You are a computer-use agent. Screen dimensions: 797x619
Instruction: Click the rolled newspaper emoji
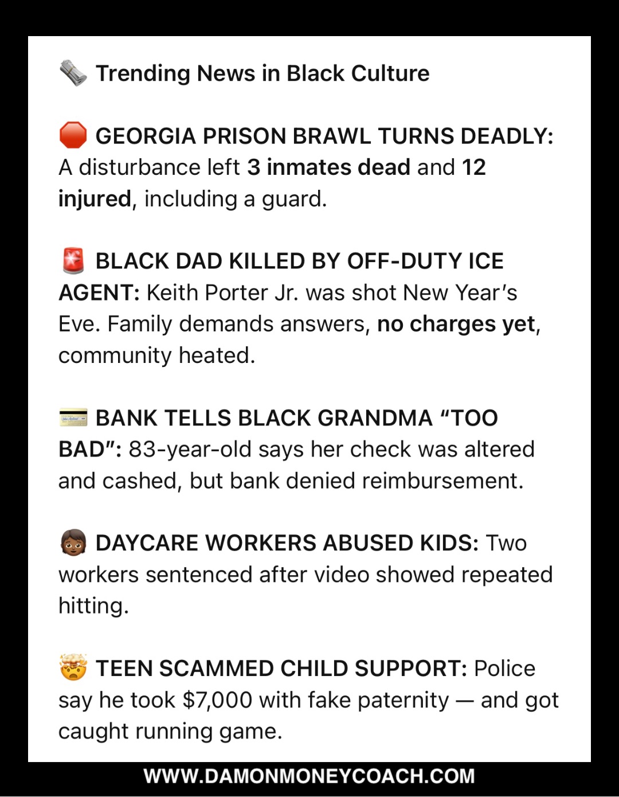coord(73,73)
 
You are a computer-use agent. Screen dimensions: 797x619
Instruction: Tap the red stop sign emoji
coord(73,136)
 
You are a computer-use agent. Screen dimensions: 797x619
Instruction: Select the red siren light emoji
coord(73,261)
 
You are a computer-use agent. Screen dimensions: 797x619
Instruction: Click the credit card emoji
coord(73,417)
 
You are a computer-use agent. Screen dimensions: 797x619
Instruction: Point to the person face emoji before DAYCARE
coord(73,542)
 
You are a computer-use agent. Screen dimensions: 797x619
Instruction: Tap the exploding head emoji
coord(73,668)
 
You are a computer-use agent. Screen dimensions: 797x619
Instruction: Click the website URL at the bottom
coord(309,776)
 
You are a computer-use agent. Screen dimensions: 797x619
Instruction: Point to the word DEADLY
coord(506,136)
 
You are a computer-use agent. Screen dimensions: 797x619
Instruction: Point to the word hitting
coord(93,606)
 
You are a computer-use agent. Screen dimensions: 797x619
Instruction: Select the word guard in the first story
coord(293,200)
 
